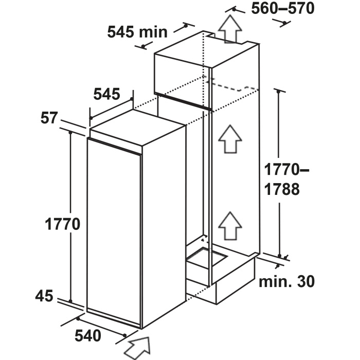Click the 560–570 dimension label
(x=283, y=9)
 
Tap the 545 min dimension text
(x=137, y=32)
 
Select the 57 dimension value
(x=48, y=118)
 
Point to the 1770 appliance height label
(x=62, y=224)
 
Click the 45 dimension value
(x=44, y=296)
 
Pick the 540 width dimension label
(x=88, y=336)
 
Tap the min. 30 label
(x=286, y=281)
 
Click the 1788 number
(x=282, y=189)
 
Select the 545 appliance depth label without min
(x=107, y=94)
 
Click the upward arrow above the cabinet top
(x=230, y=29)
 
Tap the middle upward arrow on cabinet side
(x=230, y=139)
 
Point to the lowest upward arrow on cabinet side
(x=230, y=226)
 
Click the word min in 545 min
(x=153, y=32)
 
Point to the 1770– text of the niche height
(x=286, y=169)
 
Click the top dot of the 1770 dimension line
(x=70, y=133)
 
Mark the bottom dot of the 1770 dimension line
(x=70, y=301)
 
